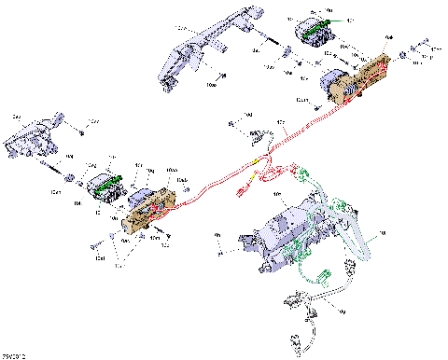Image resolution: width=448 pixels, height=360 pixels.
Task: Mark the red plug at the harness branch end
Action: click(x=242, y=193)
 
